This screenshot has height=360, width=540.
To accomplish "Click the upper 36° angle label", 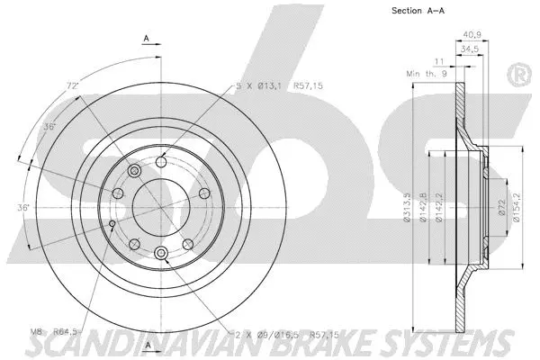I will (51, 127).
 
